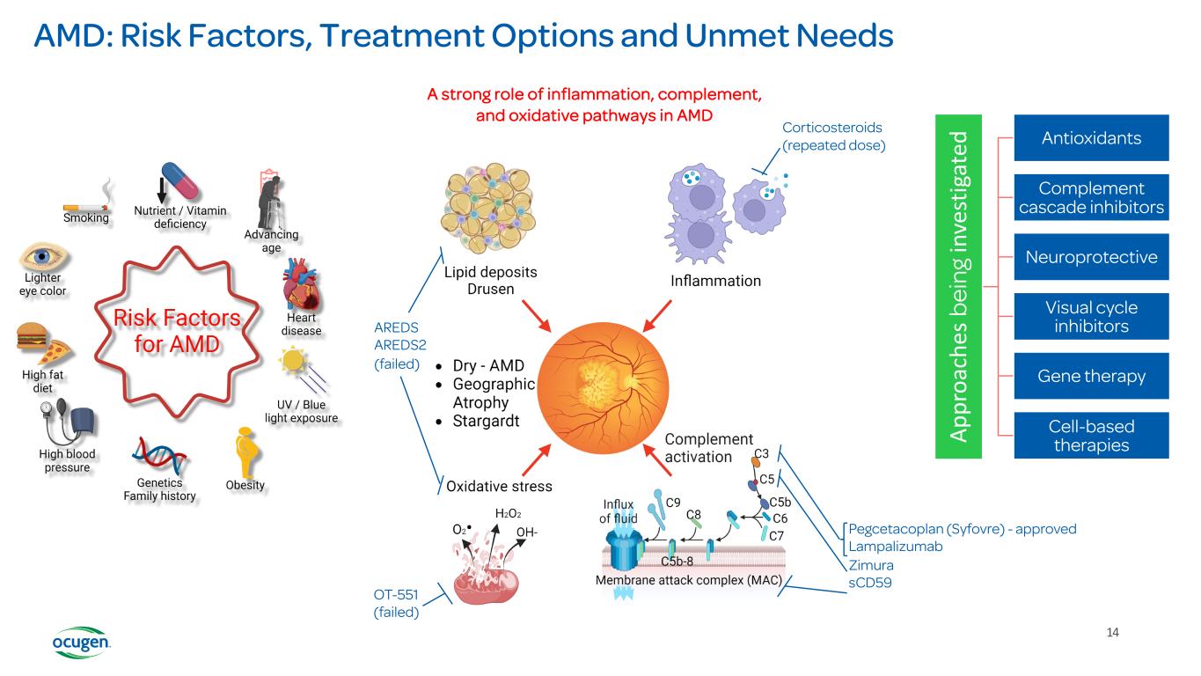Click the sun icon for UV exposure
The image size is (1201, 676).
point(294,363)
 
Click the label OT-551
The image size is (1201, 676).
point(396,594)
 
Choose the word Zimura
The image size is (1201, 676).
point(869,565)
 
